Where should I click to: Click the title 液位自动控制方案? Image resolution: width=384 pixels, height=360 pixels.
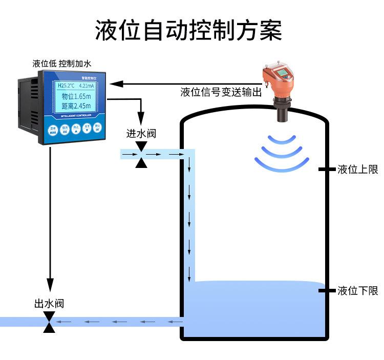click(188, 30)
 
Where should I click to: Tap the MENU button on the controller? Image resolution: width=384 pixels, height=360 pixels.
click(53, 129)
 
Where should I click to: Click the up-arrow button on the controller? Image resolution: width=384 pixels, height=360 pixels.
click(76, 128)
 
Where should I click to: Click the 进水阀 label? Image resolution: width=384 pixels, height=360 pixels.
click(141, 134)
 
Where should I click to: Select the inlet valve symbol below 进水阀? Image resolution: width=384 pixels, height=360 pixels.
click(141, 154)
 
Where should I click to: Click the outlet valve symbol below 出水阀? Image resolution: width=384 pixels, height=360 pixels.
click(49, 322)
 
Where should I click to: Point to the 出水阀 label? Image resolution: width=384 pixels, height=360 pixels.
click(49, 303)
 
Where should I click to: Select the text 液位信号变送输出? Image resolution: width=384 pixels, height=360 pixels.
click(221, 92)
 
